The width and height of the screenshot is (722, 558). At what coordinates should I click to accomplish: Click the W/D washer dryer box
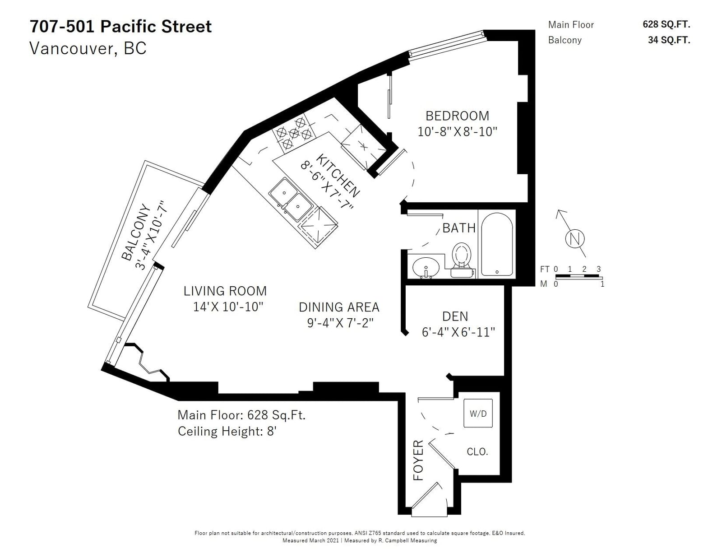(x=478, y=413)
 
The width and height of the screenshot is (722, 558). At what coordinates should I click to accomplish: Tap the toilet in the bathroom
(x=462, y=260)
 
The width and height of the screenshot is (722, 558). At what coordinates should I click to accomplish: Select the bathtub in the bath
(x=497, y=244)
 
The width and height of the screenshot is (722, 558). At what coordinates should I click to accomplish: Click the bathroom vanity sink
(x=426, y=267)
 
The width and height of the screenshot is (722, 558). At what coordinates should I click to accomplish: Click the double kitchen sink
(x=291, y=200)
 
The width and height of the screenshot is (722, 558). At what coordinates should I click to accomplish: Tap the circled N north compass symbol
(x=574, y=239)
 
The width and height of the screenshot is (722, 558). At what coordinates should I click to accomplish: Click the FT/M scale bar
(x=579, y=276)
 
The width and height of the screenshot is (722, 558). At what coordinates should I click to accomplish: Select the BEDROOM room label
(x=457, y=116)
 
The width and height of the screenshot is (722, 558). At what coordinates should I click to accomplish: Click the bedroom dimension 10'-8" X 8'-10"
(x=457, y=132)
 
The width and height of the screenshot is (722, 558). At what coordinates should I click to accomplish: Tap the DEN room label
(x=455, y=316)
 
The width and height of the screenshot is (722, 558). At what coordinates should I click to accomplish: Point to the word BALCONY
(x=136, y=232)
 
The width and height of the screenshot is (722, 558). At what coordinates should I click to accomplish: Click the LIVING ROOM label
(x=225, y=291)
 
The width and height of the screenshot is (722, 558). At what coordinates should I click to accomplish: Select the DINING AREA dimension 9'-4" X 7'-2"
(x=340, y=323)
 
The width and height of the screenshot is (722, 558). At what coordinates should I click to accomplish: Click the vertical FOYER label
(x=418, y=460)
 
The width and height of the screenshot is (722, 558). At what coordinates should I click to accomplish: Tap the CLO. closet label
(x=477, y=451)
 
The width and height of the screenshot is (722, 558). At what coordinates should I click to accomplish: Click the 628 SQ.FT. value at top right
(x=666, y=24)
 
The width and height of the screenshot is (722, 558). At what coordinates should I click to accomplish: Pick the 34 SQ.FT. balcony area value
(x=669, y=40)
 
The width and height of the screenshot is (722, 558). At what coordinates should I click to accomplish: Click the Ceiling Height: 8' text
(x=227, y=432)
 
